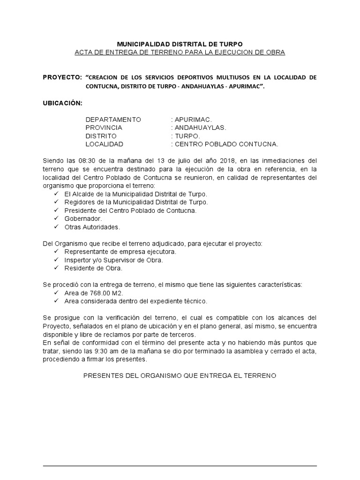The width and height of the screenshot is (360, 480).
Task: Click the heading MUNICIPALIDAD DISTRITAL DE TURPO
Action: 180,43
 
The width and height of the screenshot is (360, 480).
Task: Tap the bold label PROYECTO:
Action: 62,76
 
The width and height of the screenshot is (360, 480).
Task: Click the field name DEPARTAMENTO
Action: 113,119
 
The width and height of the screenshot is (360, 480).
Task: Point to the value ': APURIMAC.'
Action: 192,119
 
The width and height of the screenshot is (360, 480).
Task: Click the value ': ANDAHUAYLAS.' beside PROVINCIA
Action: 199,127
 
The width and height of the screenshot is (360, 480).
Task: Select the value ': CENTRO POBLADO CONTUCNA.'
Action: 225,144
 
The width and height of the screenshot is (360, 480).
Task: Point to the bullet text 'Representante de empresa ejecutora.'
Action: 114,252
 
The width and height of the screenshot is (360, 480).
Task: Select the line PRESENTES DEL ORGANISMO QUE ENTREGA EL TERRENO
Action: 180,376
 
